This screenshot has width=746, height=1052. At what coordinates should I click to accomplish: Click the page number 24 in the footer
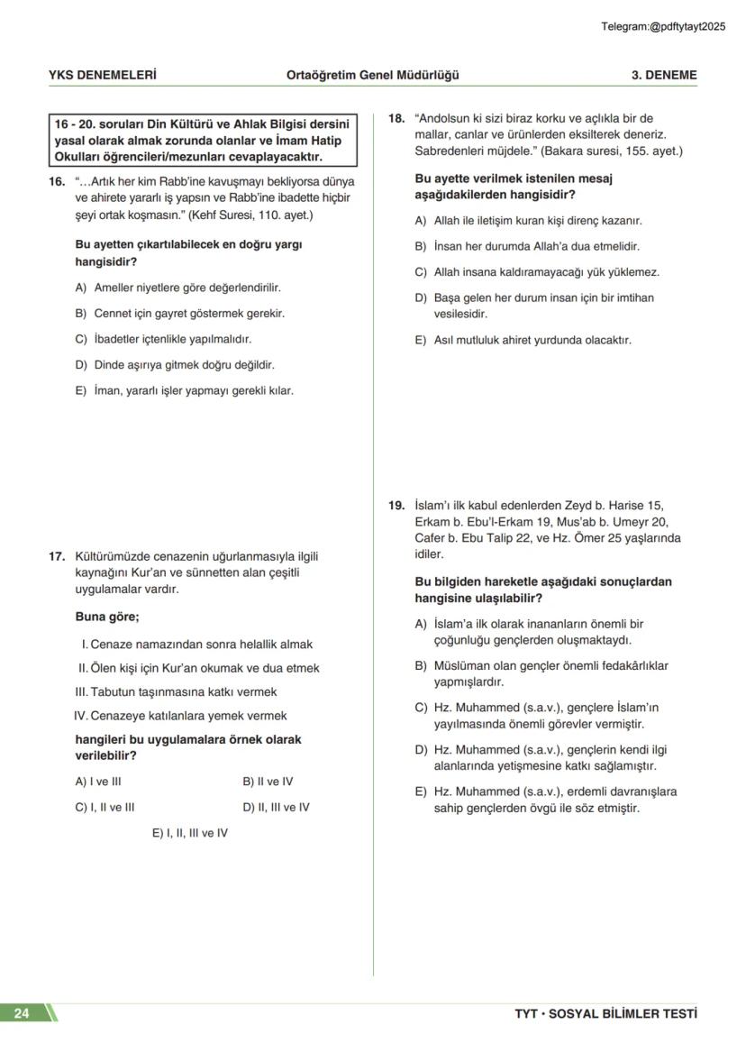(x=22, y=1013)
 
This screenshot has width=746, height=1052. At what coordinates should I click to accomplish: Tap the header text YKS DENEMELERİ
(x=102, y=75)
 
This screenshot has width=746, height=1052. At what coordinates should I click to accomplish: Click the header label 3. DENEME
(x=663, y=75)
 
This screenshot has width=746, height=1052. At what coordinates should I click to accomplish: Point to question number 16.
(x=57, y=181)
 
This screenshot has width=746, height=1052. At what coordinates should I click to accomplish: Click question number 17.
(x=57, y=556)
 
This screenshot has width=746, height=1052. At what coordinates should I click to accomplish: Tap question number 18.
(x=396, y=118)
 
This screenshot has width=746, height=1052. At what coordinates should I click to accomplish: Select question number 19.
(x=396, y=506)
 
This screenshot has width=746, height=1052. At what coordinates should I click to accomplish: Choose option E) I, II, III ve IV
(x=189, y=833)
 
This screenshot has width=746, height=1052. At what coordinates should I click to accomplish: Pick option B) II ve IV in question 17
(x=268, y=782)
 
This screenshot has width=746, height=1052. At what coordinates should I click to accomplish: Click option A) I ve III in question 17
(x=98, y=782)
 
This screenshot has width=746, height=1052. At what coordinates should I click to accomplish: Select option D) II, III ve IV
(x=276, y=807)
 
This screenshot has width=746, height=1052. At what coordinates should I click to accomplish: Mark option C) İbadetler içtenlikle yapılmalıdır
(x=163, y=339)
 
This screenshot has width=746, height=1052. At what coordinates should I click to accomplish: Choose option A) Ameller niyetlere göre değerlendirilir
(x=177, y=288)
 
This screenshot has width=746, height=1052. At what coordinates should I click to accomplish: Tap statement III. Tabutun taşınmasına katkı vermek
(x=176, y=692)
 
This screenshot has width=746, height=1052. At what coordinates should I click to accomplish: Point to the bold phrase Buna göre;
(x=107, y=617)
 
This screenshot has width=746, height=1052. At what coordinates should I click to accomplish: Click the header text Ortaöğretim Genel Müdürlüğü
(x=372, y=75)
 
